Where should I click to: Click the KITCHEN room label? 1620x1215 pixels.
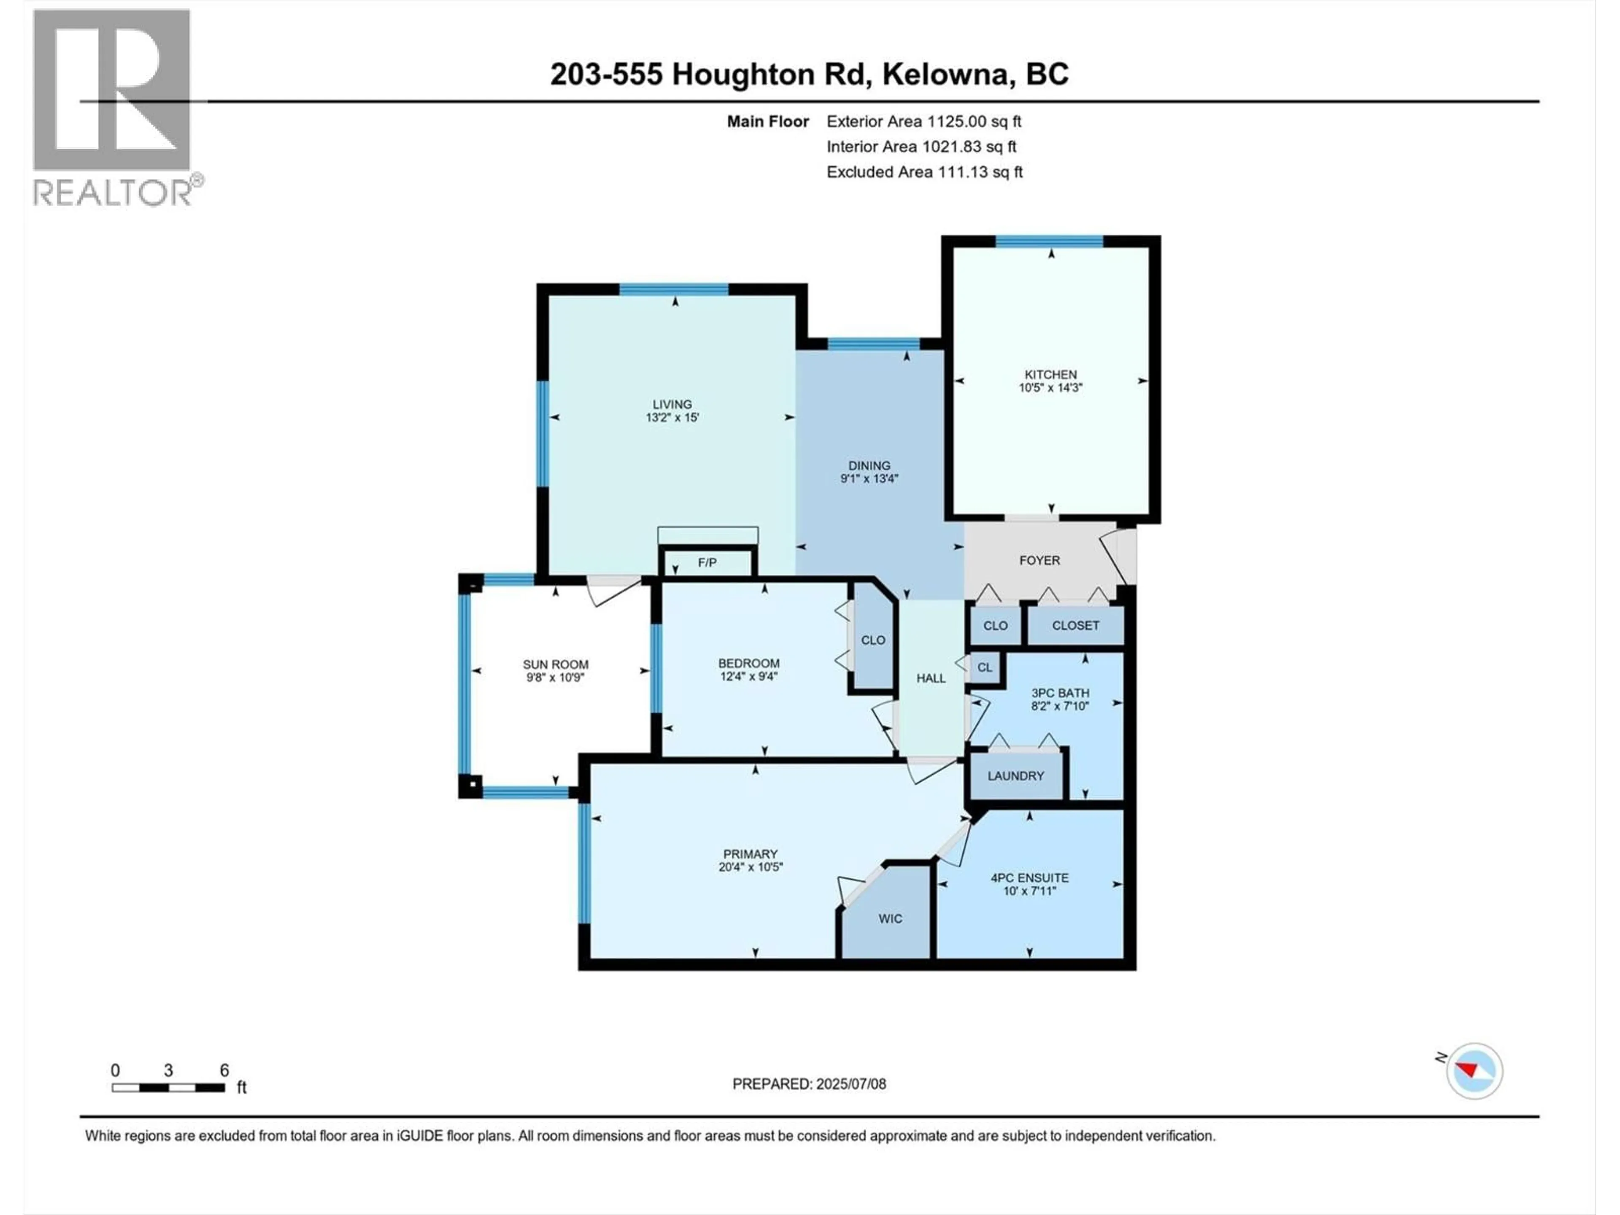coord(1050,374)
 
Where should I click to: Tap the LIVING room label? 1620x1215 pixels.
coord(672,404)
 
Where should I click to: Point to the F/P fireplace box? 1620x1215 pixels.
coord(707,562)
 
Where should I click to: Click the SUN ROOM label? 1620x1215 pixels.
coord(555,664)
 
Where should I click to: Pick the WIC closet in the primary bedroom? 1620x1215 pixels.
coord(890,918)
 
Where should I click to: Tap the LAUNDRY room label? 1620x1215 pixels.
coord(1015,775)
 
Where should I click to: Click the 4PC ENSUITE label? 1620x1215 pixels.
coord(1029,877)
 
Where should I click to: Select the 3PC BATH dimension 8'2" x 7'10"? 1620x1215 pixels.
coord(1060,706)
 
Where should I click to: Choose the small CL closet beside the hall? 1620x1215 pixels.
coord(984,667)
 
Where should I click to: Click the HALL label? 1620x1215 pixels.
coord(931,678)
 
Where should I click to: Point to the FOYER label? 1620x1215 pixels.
coord(1039,560)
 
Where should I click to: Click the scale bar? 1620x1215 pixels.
coord(168,1088)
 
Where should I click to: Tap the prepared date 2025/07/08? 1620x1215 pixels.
coord(851,1084)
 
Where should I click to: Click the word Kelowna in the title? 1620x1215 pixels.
coord(945,74)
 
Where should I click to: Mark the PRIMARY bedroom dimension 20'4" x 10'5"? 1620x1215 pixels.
coord(751,867)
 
